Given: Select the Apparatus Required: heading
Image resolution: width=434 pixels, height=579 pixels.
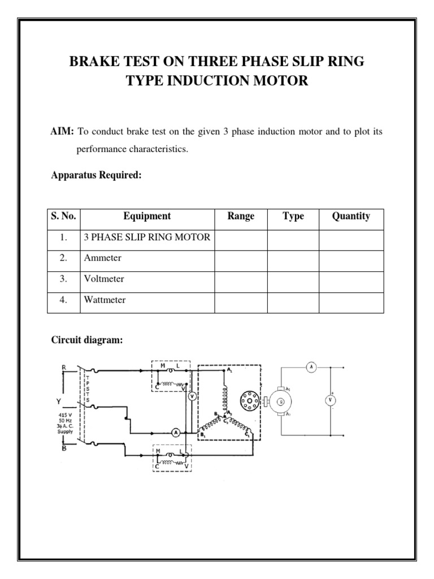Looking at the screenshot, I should click(96, 175).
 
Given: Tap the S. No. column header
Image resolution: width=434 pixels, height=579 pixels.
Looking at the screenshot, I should click(63, 216).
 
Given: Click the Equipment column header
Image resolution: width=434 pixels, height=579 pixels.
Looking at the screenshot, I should click(147, 216).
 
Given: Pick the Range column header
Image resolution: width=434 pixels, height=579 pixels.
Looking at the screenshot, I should click(241, 216).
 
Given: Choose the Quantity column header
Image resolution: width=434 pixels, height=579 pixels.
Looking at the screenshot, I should click(351, 216).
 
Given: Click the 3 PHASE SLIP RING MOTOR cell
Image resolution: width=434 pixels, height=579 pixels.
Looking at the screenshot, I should click(147, 237).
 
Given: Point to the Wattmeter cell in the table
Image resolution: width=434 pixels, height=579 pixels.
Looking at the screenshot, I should click(105, 300).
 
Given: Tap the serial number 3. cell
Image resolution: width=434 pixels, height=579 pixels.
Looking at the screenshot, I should click(63, 279).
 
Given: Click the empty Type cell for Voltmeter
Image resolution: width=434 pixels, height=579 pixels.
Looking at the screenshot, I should click(293, 279).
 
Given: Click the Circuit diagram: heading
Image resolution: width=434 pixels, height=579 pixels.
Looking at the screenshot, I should click(87, 340).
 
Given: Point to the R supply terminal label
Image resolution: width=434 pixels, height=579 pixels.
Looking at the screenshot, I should click(64, 367).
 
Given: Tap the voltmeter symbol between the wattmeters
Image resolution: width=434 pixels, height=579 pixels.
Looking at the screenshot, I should click(192, 396).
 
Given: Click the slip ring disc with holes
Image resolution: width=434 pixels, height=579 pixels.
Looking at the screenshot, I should click(249, 400).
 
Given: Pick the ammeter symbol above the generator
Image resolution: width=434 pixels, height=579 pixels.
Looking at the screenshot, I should click(310, 367).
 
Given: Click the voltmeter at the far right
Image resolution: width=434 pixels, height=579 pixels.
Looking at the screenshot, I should click(329, 400).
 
